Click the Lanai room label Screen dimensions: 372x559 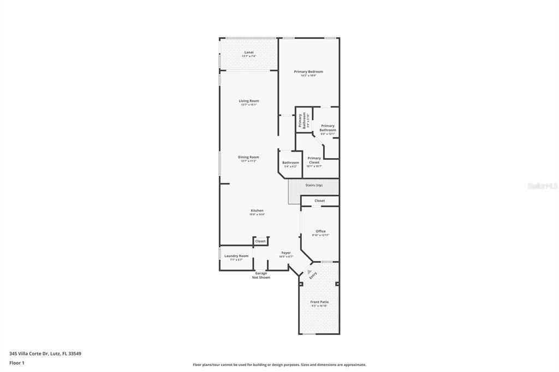tap(249, 52)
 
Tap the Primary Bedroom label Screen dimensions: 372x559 tap(308, 71)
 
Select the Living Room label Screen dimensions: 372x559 tap(249, 101)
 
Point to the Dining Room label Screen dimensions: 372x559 tap(248, 157)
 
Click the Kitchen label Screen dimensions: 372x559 tap(257, 211)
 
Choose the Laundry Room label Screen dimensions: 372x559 tap(236, 256)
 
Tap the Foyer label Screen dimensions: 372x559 tap(286, 253)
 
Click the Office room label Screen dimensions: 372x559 tap(320, 231)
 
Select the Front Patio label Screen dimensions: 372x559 tap(319, 302)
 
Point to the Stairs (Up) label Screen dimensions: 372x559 tap(314, 185)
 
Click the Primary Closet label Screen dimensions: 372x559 tap(314, 160)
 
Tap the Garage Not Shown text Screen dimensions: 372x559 tap(261, 275)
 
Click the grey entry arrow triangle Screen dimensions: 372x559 tap(310, 271)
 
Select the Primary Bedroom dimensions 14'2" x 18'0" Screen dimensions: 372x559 tap(308, 76)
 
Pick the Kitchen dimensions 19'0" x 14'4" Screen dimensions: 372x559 tap(257, 214)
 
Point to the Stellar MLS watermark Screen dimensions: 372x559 tap(543, 186)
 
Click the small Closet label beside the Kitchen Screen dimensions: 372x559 tap(260, 241)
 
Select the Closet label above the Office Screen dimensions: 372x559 tap(320, 201)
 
